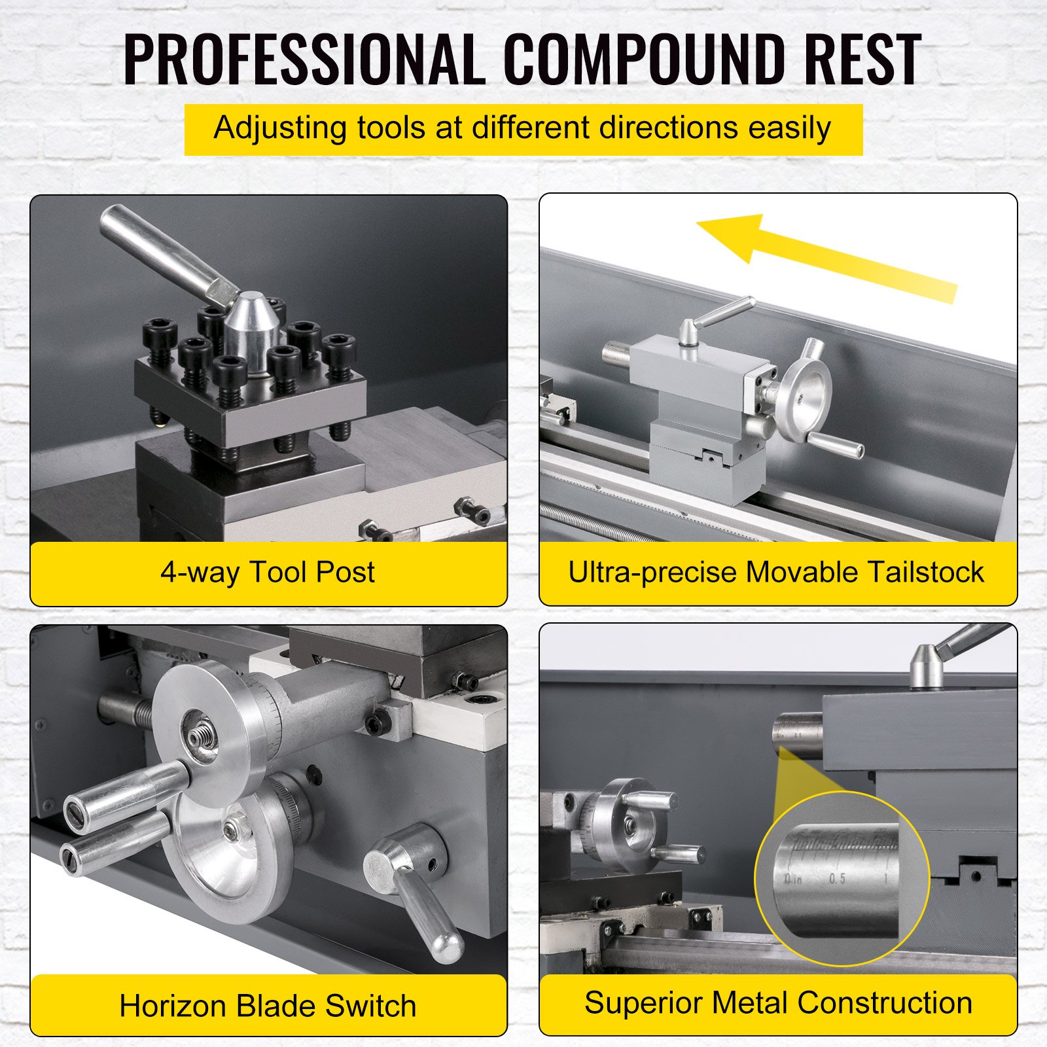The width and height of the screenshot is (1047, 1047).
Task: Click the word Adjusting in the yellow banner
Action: pos(279,128)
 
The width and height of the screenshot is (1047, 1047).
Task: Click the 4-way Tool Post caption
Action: pos(268,572)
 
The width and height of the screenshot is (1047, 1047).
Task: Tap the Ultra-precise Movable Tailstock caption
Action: pos(776,572)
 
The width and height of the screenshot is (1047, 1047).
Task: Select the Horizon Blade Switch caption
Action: pos(268,1006)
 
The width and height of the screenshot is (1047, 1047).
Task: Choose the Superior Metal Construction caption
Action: pos(778,1003)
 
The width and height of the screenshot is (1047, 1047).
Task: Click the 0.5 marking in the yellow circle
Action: pos(837,879)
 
